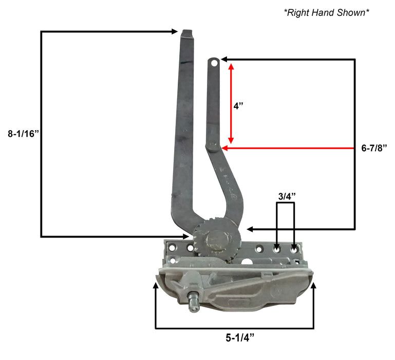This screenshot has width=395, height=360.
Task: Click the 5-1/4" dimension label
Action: point(239,338)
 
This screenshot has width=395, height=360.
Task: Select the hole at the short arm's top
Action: point(214,63)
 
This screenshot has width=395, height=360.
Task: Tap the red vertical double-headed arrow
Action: point(231,103)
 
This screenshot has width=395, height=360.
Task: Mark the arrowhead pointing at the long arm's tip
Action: point(175,32)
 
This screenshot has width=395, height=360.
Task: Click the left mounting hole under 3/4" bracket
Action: point(277,249)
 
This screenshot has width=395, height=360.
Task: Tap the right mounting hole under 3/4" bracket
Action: point(294,249)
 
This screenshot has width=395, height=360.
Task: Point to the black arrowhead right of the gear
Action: point(250,228)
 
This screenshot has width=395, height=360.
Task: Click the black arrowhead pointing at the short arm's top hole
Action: point(224,60)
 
